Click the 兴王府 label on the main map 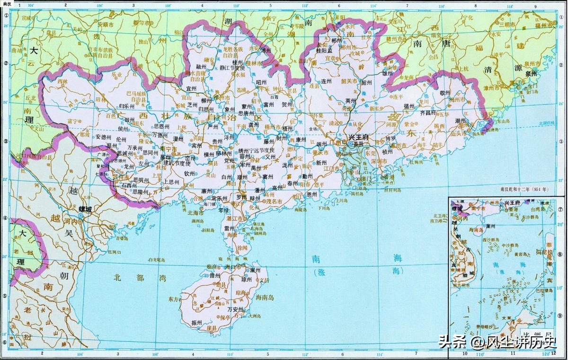click(359, 137)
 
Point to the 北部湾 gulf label click(130, 278)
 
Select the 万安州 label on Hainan click(236, 309)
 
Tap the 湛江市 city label click(236, 219)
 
